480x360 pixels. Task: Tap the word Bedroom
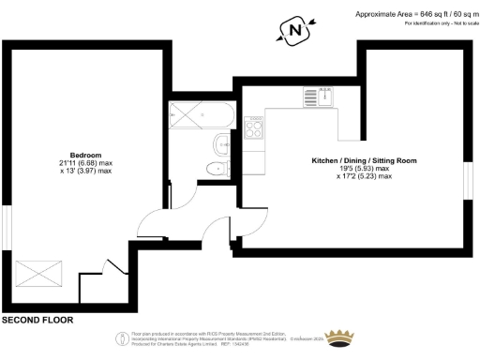[x=85, y=155]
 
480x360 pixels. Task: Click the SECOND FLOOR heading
[x=37, y=321]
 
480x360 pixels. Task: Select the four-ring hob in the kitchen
[x=253, y=127]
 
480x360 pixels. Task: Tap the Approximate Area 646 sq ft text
[x=416, y=13]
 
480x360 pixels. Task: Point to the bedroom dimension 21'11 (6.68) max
[x=85, y=163]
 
